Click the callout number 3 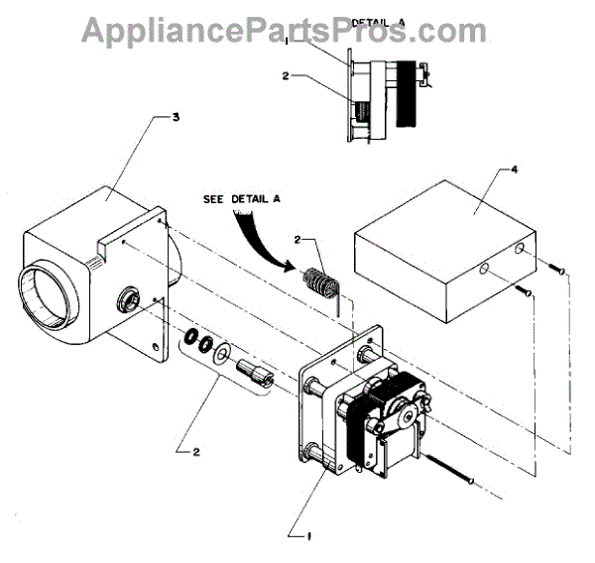176,118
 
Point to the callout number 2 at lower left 196,452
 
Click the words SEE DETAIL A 243,198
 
